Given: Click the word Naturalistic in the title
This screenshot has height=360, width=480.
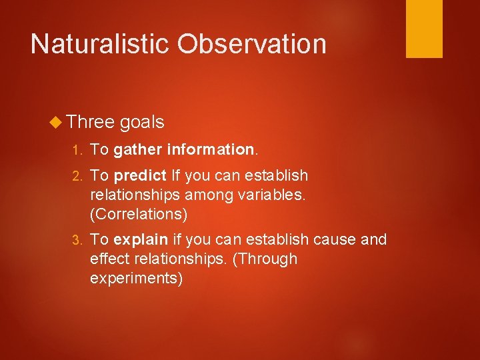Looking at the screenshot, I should (100, 44).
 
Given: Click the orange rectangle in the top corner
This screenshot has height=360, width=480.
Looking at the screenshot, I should (424, 29).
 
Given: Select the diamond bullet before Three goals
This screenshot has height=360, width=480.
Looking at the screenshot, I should (56, 122).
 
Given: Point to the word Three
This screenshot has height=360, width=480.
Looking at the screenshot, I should (91, 122).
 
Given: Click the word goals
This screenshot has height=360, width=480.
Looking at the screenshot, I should (142, 122).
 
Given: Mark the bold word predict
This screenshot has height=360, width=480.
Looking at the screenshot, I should (140, 176).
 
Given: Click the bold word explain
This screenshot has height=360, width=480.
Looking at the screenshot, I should (141, 240).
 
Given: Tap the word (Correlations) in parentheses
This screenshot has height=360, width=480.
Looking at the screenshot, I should (139, 215).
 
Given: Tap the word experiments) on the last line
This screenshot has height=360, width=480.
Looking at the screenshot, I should (136, 278).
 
